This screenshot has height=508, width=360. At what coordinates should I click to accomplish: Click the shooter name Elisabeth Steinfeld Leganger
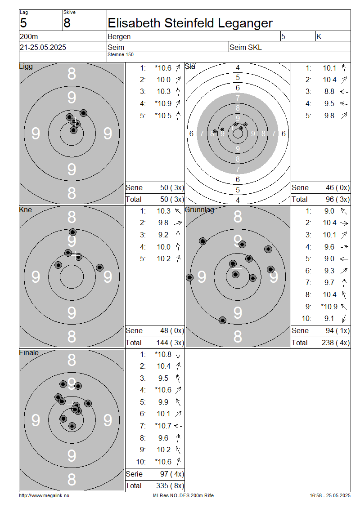point(190,23)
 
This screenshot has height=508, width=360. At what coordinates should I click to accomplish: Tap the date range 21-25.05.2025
point(43,47)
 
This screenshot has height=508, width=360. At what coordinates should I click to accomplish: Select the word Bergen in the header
point(119,37)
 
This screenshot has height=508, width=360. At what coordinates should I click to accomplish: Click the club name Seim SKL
point(246,47)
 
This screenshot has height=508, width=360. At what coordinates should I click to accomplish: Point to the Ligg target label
point(26,67)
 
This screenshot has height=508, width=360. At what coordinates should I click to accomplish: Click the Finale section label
point(29,352)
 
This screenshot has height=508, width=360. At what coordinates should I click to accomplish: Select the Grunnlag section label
point(199,209)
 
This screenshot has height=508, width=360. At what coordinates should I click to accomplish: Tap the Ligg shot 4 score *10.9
point(163,104)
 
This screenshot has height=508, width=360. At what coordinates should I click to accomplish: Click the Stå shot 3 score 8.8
point(329,92)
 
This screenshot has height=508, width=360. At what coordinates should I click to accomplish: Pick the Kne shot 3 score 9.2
point(163,235)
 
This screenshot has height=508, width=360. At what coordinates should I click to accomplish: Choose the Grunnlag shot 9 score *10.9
point(329,307)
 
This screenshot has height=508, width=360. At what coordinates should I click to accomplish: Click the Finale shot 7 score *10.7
point(163,426)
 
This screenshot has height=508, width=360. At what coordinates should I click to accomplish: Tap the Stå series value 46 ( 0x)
point(337,187)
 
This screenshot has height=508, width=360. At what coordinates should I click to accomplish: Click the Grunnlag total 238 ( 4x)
point(336,343)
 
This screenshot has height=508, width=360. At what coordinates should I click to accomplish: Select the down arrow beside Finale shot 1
point(178,354)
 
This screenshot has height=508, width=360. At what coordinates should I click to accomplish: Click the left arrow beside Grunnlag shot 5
point(344,259)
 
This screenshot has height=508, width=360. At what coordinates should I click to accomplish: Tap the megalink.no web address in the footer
point(44,495)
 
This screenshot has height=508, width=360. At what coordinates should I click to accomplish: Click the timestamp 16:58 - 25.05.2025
point(330,495)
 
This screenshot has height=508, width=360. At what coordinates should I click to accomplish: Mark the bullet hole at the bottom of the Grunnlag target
point(222,321)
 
